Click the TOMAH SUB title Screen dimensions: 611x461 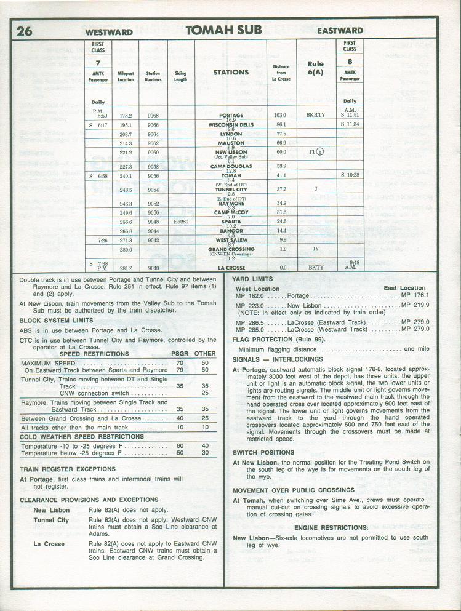(x=223, y=30)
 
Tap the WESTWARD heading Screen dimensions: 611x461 (x=109, y=31)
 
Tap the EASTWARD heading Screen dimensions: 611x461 (x=340, y=31)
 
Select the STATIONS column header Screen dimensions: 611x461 (x=231, y=72)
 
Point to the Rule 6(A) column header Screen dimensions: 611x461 (x=315, y=68)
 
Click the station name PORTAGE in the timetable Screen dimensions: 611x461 (x=231, y=115)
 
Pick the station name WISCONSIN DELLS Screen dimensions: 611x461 (x=231, y=124)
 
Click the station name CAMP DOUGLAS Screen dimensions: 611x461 (x=231, y=166)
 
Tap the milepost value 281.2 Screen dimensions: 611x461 (x=126, y=268)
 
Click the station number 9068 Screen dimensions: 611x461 (x=153, y=115)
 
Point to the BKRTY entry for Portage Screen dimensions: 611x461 (x=315, y=115)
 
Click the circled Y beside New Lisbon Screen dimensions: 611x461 (x=320, y=152)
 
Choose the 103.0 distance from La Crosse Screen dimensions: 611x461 (x=281, y=115)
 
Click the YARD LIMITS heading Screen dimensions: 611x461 (x=252, y=279)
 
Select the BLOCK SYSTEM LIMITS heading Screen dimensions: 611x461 (x=57, y=321)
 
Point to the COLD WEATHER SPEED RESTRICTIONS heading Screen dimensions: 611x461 (x=82, y=437)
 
